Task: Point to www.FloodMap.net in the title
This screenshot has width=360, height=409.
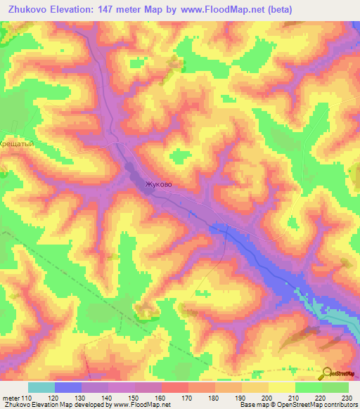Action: pos(220,9)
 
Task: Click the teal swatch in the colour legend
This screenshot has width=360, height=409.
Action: pos(41,387)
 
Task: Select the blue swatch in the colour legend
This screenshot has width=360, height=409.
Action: pos(68,387)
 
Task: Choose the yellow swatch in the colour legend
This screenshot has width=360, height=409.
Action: pos(281,387)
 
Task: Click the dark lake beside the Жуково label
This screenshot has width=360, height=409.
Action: pos(131,169)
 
